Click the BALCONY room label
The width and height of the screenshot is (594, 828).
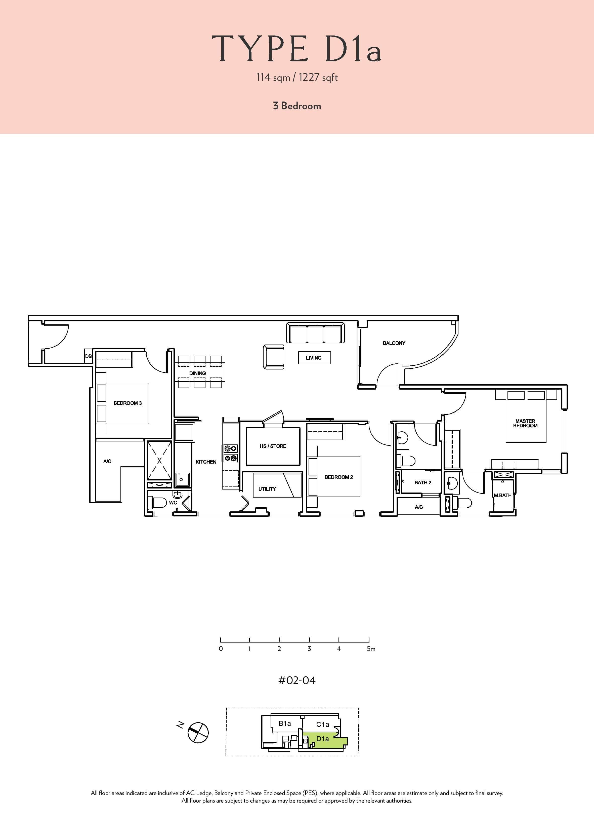pos(394,343)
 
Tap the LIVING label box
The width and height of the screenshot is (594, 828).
pos(314,358)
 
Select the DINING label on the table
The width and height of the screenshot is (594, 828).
pos(197,373)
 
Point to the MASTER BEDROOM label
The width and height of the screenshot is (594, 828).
pos(525,423)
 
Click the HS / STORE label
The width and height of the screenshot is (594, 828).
pos(273,446)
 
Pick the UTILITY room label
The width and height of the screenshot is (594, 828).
pos(267,489)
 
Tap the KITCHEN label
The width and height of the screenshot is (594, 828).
pos(206,462)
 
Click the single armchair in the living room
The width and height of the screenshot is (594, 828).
pos(274,357)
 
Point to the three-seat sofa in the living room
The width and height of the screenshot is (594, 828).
pos(316,333)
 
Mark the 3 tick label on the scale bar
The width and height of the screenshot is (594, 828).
pos(309,649)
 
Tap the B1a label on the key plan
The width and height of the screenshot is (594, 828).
pos(285,723)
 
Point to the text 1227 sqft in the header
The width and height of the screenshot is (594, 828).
pos(318,78)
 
